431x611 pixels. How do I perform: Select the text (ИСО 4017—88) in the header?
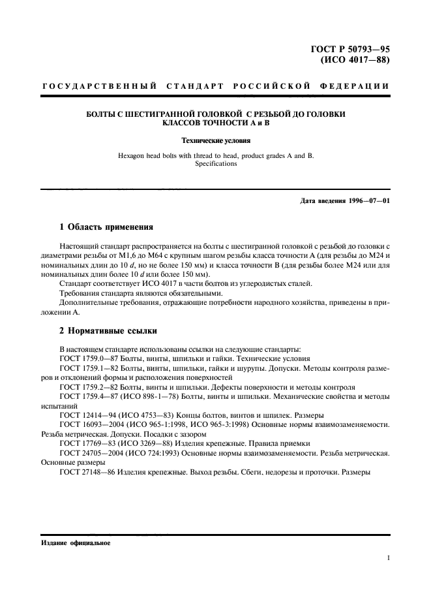[x=357, y=62]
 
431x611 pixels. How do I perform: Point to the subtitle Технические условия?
[x=215, y=140]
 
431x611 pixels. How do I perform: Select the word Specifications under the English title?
[x=215, y=164]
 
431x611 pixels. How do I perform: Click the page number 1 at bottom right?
[x=388, y=559]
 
